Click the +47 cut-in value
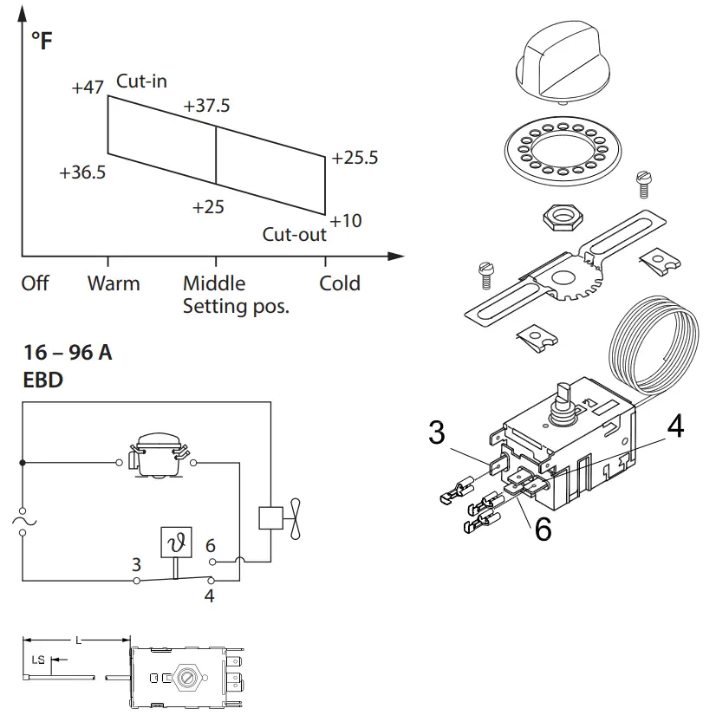(88, 88)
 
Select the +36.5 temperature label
(82, 172)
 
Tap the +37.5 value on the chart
(207, 106)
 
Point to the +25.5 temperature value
(355, 158)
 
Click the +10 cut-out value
(346, 221)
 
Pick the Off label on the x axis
(35, 283)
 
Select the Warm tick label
(113, 283)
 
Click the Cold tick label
(340, 283)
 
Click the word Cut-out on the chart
(295, 235)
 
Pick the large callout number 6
(544, 527)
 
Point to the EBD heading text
(42, 380)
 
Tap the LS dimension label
(38, 660)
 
